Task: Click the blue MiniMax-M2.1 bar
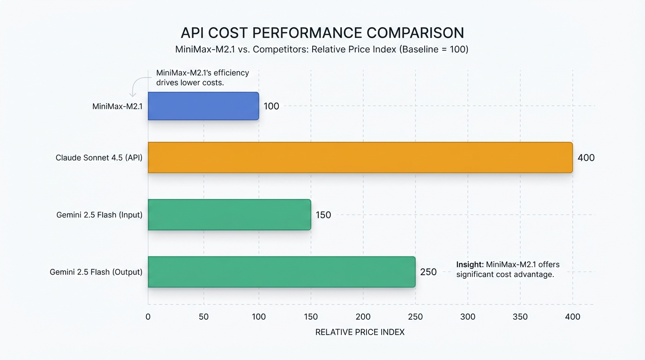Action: coord(203,106)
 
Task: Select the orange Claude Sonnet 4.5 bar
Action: coord(360,157)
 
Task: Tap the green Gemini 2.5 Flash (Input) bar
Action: coord(229,215)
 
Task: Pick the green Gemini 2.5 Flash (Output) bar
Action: coord(281,272)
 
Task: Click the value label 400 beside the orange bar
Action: coord(585,158)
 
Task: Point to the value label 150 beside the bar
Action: coord(323,215)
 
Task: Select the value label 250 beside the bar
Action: coord(428,272)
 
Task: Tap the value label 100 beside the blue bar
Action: coord(271,106)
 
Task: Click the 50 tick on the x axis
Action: coord(203,317)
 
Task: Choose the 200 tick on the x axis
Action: coord(363,317)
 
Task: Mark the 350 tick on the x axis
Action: coord(520,317)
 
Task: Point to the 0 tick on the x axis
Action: coord(148,317)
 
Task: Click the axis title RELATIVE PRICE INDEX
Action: coord(360,332)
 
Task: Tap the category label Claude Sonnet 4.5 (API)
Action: coord(99,158)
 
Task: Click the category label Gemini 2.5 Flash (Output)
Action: coord(96,272)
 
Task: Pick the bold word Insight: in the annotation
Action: coord(470,264)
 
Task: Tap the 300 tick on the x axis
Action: coord(468,317)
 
